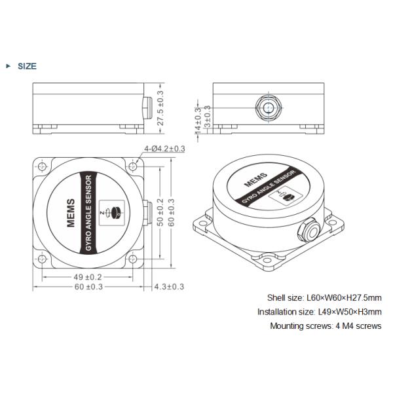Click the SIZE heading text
tap(27, 66)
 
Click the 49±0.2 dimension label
tap(87, 276)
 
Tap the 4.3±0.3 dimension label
tap(169, 287)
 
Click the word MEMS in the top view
tap(71, 212)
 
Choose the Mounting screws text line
tap(325, 326)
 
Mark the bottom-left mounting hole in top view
tap(43, 260)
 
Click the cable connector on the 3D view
tap(306, 229)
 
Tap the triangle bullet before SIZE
tap(8, 66)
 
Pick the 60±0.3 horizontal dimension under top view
tap(87, 287)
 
